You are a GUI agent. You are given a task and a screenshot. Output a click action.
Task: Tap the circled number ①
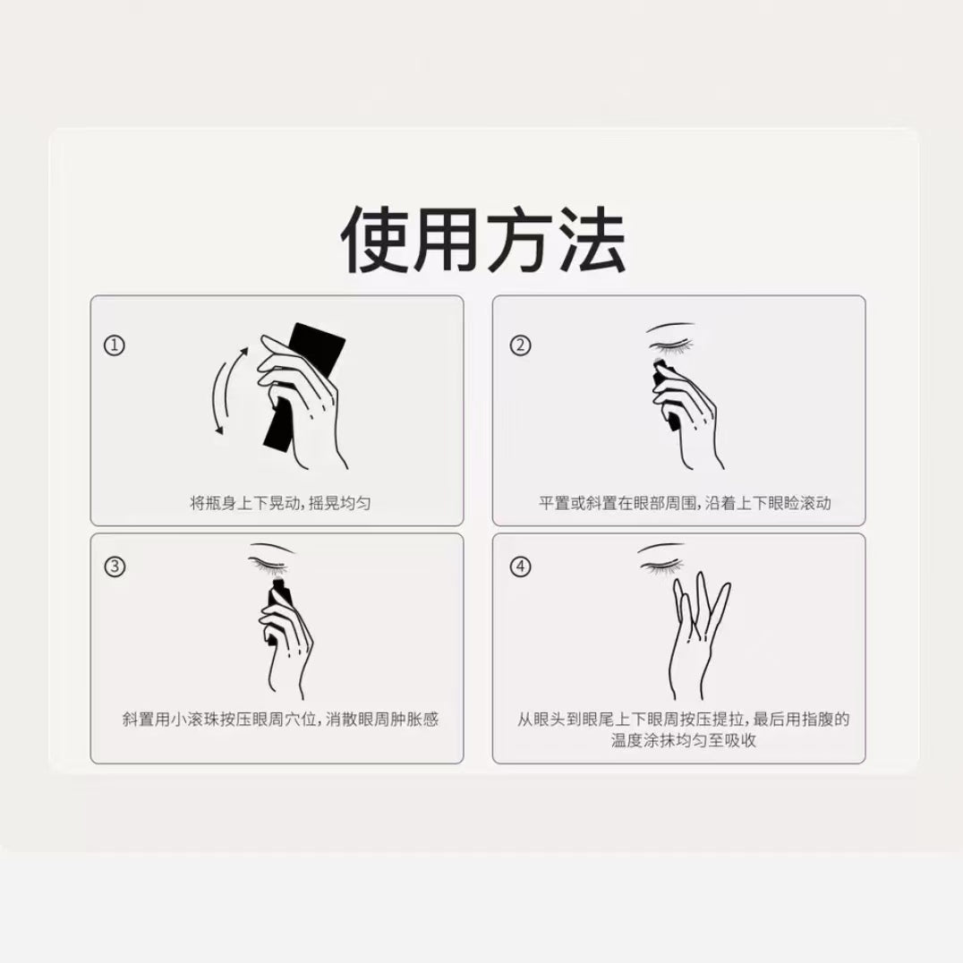(114, 345)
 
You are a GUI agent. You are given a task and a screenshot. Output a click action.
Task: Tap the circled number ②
(520, 345)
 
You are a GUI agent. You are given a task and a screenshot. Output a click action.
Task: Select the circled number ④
(520, 567)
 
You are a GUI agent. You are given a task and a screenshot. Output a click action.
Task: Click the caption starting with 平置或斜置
(684, 503)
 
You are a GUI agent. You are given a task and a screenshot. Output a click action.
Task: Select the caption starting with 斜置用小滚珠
(280, 720)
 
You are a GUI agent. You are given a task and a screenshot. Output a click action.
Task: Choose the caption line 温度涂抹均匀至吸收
(684, 741)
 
